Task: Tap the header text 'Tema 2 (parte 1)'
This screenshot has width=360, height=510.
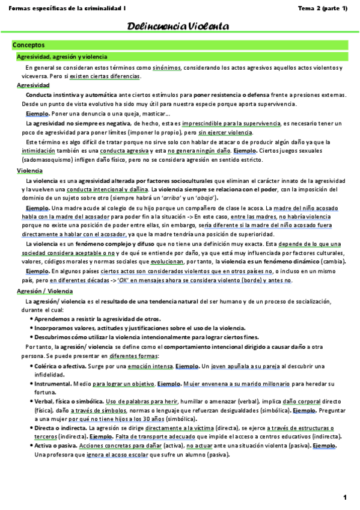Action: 323,8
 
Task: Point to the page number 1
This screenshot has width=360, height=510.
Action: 346,497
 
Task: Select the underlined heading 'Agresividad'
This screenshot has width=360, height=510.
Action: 33,86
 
